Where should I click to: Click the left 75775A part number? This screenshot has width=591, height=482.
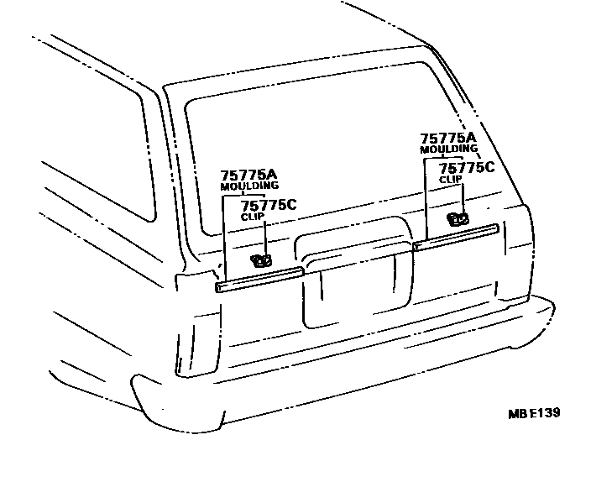248,174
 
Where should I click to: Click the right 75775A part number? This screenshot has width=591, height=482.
447,138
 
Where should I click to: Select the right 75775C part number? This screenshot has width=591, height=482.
467,167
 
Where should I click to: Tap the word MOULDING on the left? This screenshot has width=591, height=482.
248,186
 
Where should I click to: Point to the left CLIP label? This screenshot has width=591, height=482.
253,217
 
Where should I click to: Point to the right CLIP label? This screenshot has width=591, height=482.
451,179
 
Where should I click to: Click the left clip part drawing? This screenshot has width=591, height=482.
262,260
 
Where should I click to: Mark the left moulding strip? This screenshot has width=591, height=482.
260,280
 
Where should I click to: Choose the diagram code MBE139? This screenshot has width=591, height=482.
533,413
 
